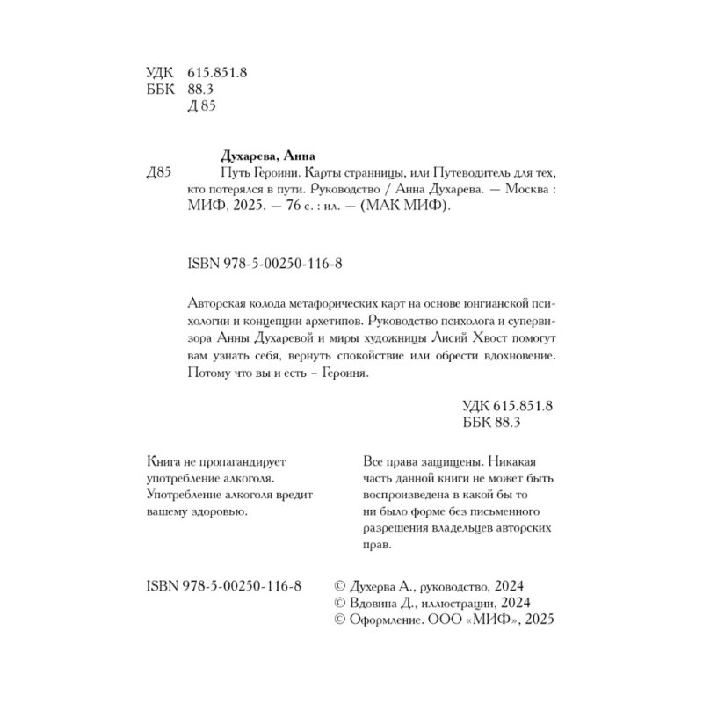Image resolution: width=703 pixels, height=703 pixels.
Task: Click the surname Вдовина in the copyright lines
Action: click(377, 603)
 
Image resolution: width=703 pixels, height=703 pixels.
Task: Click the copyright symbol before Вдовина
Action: click(343, 603)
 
